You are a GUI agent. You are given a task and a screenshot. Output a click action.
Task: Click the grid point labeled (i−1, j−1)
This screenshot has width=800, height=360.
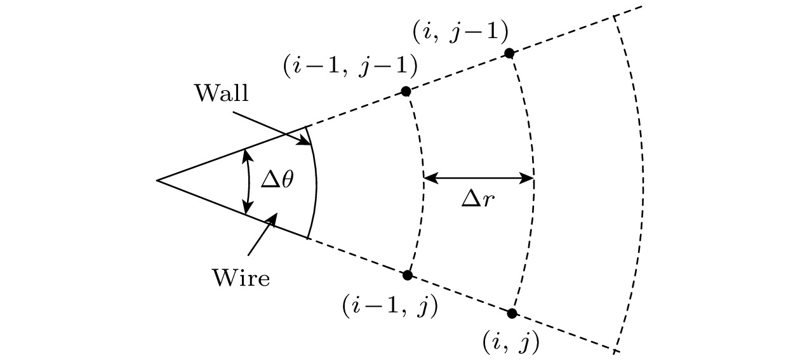pos(406,91)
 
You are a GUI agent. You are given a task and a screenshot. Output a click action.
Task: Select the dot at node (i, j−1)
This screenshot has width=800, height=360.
pos(509,53)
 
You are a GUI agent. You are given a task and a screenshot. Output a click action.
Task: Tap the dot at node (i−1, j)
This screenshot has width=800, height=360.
pos(408,275)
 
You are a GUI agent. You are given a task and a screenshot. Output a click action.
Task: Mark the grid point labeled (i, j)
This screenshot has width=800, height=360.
pos(512,313)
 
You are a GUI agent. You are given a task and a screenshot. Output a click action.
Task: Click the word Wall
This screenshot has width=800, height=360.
pos(222,93)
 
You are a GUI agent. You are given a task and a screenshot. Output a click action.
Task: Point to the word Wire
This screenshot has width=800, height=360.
pos(241,277)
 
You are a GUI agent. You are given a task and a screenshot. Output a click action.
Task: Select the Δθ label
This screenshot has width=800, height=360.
pos(277,180)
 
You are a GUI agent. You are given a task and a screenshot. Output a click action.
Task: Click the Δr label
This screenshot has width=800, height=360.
pos(478,199)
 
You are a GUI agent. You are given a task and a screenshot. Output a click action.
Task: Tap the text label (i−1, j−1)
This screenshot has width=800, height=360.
pos(350,65)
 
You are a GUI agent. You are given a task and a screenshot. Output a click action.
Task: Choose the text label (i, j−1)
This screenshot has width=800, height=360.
pos(460,31)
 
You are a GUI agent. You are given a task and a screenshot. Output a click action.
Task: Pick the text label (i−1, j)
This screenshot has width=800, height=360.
pos(390,309)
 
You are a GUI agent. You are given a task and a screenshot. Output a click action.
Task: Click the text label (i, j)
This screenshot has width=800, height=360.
pos(510,343)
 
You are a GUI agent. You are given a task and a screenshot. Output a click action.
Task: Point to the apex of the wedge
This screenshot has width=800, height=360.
pos(157,180)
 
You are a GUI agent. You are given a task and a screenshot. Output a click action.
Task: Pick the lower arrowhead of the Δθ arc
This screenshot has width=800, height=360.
pos(248,209)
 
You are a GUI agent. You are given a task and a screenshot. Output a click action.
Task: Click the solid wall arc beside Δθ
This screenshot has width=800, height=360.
pos(316,184)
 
